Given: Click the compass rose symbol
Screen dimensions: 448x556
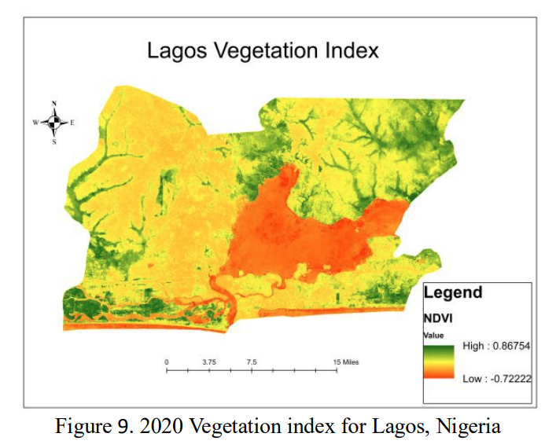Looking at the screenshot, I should pyautogui.click(x=54, y=122).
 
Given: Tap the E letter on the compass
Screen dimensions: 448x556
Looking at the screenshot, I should pyautogui.click(x=72, y=123).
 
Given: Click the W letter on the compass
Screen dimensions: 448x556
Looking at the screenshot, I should pyautogui.click(x=35, y=123).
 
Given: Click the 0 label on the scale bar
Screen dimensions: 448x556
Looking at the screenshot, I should pyautogui.click(x=167, y=361).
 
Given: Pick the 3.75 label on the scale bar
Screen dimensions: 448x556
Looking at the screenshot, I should pyautogui.click(x=209, y=361).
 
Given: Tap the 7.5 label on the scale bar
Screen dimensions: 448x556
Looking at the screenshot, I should pyautogui.click(x=252, y=361).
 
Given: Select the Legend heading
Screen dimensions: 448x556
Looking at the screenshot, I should pyautogui.click(x=453, y=293).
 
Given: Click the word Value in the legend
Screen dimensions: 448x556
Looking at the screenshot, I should pyautogui.click(x=433, y=335).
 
